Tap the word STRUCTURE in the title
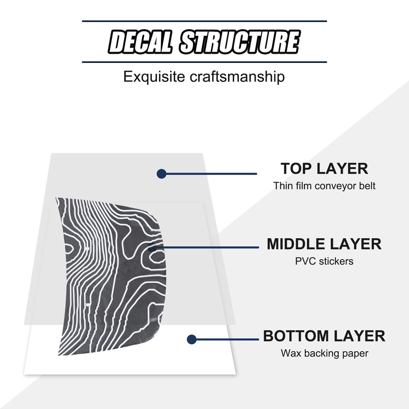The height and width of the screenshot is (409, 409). click(239, 42)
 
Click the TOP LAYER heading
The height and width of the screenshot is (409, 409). click(324, 168)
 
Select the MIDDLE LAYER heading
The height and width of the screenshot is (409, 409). click(324, 244)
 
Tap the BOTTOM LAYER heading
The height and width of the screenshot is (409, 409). click(324, 336)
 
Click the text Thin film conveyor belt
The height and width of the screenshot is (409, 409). click(324, 186)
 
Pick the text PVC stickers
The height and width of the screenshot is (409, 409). click(324, 261)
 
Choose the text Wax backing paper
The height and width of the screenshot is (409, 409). click(324, 353)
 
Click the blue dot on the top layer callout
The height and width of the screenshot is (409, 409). click(162, 174)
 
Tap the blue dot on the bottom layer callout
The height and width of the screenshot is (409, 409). click(192, 339)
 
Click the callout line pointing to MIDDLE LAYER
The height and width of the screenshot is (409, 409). click(215, 247)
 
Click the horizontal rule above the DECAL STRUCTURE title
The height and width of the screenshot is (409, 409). click(204, 21)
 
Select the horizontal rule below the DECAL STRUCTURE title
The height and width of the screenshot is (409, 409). click(204, 62)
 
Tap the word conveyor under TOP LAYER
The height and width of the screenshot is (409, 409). click(333, 186)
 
